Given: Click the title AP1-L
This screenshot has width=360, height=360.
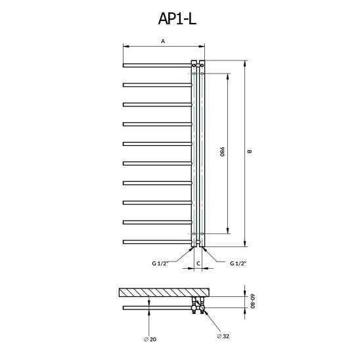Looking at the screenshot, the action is pyautogui.click(x=177, y=18).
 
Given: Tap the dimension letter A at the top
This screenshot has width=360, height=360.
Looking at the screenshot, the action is pyautogui.click(x=163, y=41).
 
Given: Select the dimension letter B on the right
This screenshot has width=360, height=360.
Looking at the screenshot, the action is pyautogui.click(x=250, y=152).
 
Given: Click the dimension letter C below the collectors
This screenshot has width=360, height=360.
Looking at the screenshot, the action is pyautogui.click(x=198, y=263).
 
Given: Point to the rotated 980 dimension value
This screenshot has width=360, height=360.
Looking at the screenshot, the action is pyautogui.click(x=222, y=152).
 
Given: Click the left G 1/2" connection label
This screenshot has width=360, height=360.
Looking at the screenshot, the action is pyautogui.click(x=160, y=263).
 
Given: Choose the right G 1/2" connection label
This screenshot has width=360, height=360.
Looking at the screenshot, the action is pyautogui.click(x=238, y=263).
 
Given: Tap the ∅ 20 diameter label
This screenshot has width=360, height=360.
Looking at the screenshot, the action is pyautogui.click(x=150, y=339).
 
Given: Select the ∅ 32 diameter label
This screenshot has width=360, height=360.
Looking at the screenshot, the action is pyautogui.click(x=223, y=336).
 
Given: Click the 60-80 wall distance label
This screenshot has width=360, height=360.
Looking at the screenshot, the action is pyautogui.click(x=252, y=301).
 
